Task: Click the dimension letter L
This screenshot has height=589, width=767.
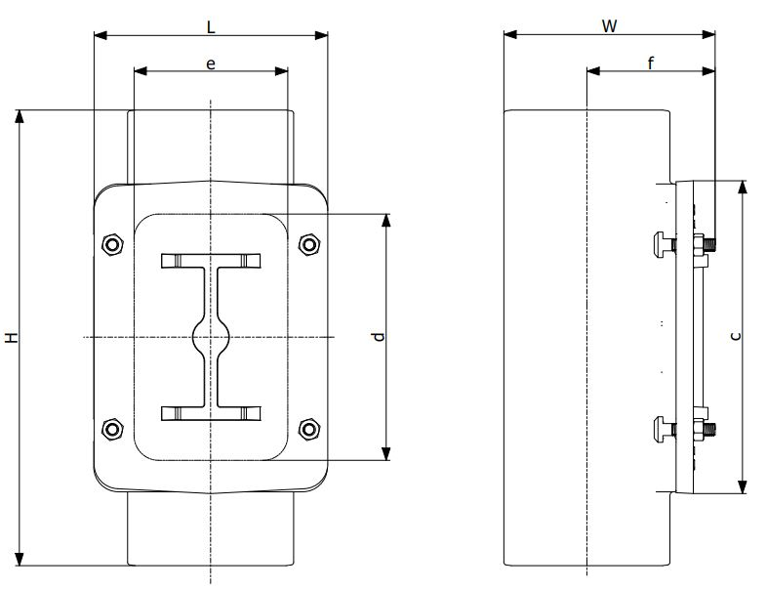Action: pos(211,27)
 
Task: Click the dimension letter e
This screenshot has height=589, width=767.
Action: pos(211,63)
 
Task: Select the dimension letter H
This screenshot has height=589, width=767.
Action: pos(11,338)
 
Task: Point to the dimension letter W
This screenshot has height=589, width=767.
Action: pos(609,26)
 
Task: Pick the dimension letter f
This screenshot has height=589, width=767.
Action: pos(651,63)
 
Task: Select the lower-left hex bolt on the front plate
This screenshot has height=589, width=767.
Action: pos(112,428)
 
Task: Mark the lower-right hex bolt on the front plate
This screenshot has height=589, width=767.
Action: pos(309,428)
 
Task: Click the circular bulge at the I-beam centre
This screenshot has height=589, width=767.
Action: pos(211,337)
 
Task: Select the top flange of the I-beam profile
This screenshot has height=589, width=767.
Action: pos(211,261)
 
